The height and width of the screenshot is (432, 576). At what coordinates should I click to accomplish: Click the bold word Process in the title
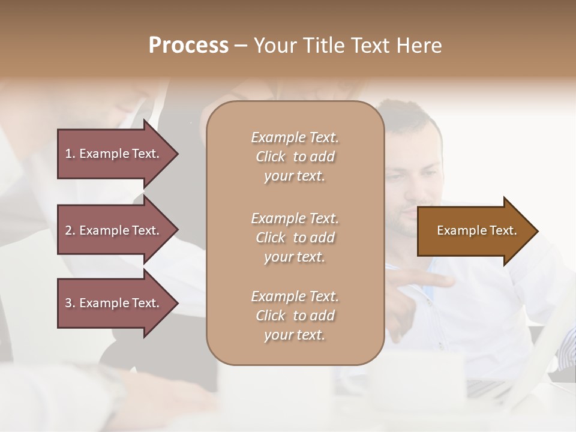188,46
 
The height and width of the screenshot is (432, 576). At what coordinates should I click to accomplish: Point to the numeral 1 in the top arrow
68,154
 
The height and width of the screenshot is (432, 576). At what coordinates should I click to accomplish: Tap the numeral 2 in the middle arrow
68,230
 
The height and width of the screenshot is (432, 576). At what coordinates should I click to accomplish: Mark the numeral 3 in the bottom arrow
68,303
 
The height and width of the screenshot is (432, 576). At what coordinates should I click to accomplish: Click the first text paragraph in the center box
295,157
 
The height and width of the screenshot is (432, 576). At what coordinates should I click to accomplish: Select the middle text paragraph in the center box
295,238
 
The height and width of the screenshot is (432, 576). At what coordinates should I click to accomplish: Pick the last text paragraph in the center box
295,316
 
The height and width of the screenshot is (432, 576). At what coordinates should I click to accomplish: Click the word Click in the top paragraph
271,157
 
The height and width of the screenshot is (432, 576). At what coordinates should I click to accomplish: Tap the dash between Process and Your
241,46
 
